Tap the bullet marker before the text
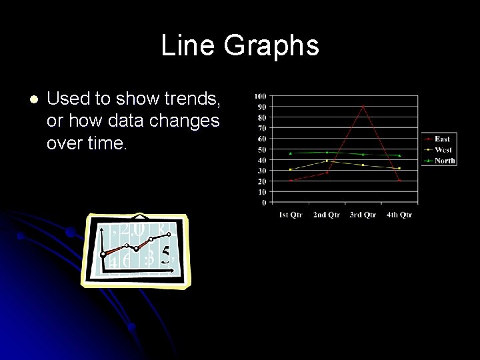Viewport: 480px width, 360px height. [x=34, y=100]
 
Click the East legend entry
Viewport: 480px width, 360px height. [x=442, y=139]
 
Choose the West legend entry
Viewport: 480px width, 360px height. [x=443, y=149]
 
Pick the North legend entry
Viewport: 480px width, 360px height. [x=445, y=160]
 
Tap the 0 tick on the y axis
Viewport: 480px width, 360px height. [x=263, y=202]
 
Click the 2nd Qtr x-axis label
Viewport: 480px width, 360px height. [x=327, y=215]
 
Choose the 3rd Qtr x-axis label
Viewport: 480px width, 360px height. [x=363, y=215]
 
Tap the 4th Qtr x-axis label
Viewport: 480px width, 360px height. [x=399, y=215]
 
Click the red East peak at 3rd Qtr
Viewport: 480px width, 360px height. [x=363, y=106]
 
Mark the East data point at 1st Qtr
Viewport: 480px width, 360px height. [x=291, y=181]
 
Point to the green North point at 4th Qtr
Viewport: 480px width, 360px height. [x=399, y=155]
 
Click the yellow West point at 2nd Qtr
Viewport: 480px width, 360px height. [x=327, y=161]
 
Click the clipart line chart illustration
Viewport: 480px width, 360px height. [x=136, y=250]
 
